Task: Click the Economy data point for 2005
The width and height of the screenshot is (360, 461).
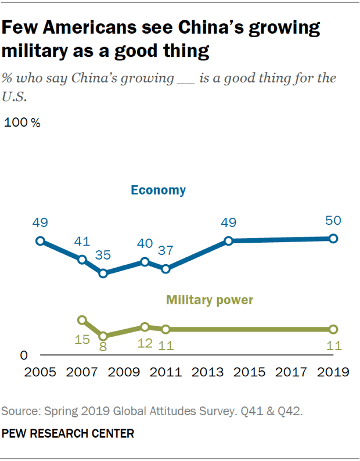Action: click(40, 241)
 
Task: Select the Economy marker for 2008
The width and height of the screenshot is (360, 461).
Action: click(103, 273)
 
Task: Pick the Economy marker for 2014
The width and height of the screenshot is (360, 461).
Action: click(229, 241)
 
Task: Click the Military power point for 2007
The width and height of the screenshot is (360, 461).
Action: click(82, 320)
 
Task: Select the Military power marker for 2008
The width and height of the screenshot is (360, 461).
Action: click(103, 336)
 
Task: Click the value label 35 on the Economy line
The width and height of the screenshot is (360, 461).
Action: click(103, 255)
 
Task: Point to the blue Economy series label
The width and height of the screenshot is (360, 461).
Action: click(158, 190)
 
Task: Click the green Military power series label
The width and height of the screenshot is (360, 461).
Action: click(210, 300)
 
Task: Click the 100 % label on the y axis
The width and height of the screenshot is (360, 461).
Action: click(23, 123)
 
